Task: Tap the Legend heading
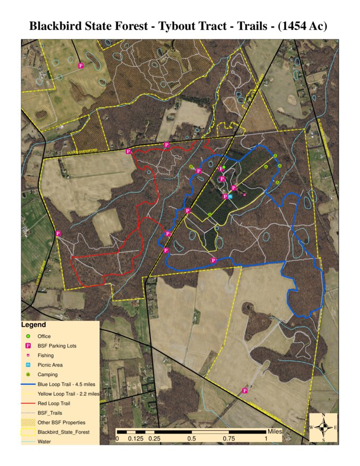point(33,325)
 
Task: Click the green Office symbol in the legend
point(28,336)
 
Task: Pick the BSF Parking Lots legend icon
point(28,346)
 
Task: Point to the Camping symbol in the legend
point(28,375)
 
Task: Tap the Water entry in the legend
point(44,442)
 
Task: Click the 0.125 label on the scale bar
point(135,439)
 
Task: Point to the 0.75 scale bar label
point(230,439)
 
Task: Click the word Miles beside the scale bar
point(275,431)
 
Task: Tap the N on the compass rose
point(323,416)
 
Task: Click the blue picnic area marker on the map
point(230,197)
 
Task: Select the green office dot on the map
point(224,167)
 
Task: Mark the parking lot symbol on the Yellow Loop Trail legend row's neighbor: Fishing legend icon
point(28,355)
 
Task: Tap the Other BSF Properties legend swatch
point(28,422)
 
